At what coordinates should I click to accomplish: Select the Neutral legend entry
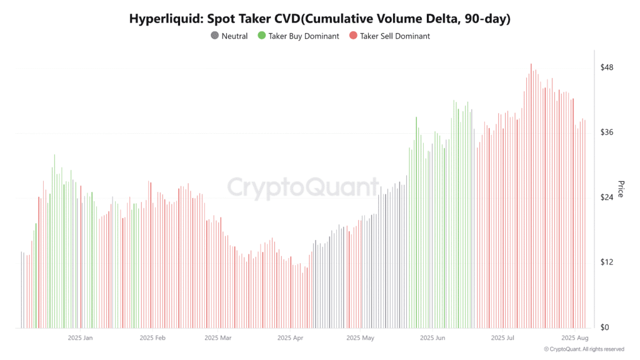pyautogui.click(x=234, y=36)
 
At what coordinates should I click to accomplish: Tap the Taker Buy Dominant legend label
pyautogui.click(x=304, y=36)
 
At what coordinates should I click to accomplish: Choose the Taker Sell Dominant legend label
pyautogui.click(x=395, y=36)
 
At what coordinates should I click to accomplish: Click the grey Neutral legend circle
pyautogui.click(x=216, y=36)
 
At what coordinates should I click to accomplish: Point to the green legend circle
pyautogui.click(x=262, y=36)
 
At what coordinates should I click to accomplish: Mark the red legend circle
pyautogui.click(x=353, y=36)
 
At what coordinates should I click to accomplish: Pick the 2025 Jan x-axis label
pyautogui.click(x=81, y=338)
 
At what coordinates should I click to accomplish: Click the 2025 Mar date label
pyautogui.click(x=217, y=338)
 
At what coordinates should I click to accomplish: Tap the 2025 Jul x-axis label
pyautogui.click(x=502, y=338)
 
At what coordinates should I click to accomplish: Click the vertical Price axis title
pyautogui.click(x=621, y=189)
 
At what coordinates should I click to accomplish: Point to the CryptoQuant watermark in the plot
pyautogui.click(x=302, y=187)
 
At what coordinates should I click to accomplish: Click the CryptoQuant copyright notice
pyautogui.click(x=584, y=349)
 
